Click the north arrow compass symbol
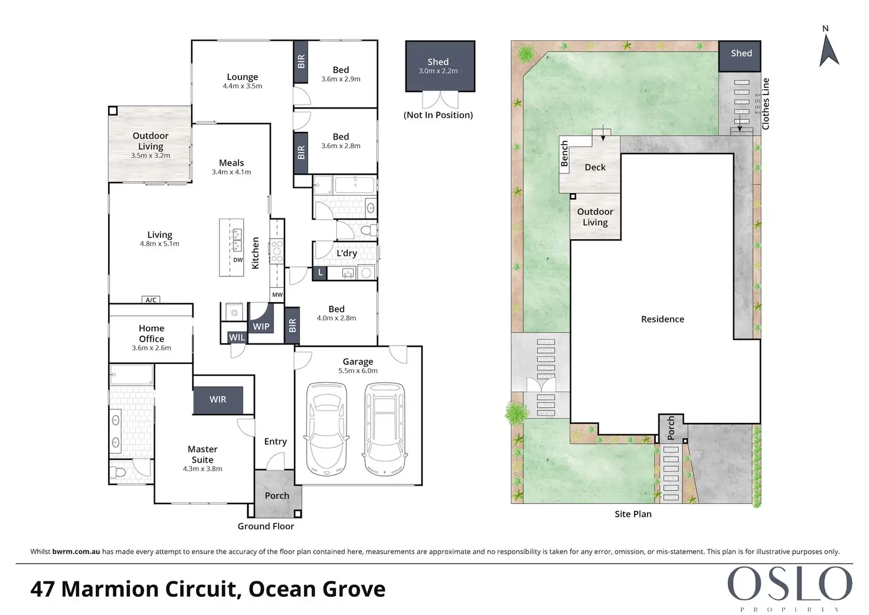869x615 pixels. pyautogui.click(x=829, y=50)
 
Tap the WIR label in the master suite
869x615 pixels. pyautogui.click(x=218, y=399)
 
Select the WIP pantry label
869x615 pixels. pyautogui.click(x=261, y=327)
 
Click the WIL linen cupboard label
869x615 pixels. pyautogui.click(x=237, y=337)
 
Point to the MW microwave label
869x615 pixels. pyautogui.click(x=277, y=295)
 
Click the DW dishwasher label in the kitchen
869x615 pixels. pyautogui.click(x=238, y=260)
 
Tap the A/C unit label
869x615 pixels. pyautogui.click(x=151, y=300)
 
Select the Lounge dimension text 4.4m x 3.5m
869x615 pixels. pyautogui.click(x=243, y=86)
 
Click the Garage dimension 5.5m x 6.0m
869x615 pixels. pyautogui.click(x=358, y=371)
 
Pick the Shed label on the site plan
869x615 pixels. pyautogui.click(x=741, y=53)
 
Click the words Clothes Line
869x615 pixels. pyautogui.click(x=766, y=104)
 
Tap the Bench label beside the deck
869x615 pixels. pyautogui.click(x=564, y=154)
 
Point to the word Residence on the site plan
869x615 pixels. pyautogui.click(x=662, y=319)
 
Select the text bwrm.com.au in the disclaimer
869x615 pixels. pyautogui.click(x=76, y=551)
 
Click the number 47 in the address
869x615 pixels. pyautogui.click(x=43, y=589)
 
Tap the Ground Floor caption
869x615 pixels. pyautogui.click(x=266, y=526)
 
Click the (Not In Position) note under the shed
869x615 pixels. pyautogui.click(x=438, y=115)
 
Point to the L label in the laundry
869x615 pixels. pyautogui.click(x=320, y=272)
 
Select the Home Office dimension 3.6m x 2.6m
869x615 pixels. pyautogui.click(x=151, y=348)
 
